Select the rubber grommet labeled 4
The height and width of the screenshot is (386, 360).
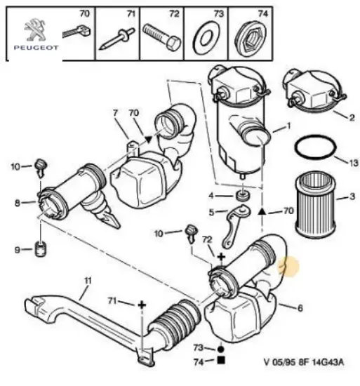pyautogui.click(x=244, y=196)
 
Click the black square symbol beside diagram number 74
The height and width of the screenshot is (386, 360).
pyautogui.click(x=221, y=362)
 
